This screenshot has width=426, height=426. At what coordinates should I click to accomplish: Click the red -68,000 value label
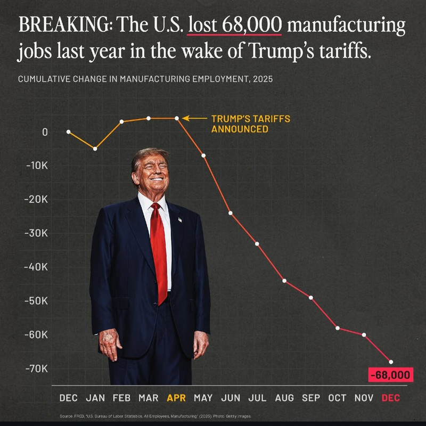390,375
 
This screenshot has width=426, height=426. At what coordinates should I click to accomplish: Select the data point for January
95,149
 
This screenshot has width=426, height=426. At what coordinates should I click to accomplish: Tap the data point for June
231,213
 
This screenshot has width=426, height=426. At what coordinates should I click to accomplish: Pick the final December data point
391,362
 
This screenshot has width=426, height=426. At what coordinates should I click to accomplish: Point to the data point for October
338,328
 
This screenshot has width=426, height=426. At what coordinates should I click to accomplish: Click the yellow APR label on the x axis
176,398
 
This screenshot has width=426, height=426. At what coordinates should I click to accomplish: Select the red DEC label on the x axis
391,398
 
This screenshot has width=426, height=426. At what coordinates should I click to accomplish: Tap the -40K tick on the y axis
36,267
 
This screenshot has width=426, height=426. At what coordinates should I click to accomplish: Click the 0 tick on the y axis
45,132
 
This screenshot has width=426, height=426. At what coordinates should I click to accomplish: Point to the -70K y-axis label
36,368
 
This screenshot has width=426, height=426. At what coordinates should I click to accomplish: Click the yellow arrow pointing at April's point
194,118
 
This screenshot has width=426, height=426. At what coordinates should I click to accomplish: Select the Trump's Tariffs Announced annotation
251,124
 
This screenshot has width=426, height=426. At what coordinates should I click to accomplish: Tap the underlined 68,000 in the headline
252,24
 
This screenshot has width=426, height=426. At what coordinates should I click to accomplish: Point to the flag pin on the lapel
180,219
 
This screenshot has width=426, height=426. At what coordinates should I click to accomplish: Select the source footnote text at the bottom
155,416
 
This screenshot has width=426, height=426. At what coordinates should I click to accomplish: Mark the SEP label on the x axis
311,398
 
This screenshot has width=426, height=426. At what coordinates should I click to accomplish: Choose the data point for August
284,281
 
